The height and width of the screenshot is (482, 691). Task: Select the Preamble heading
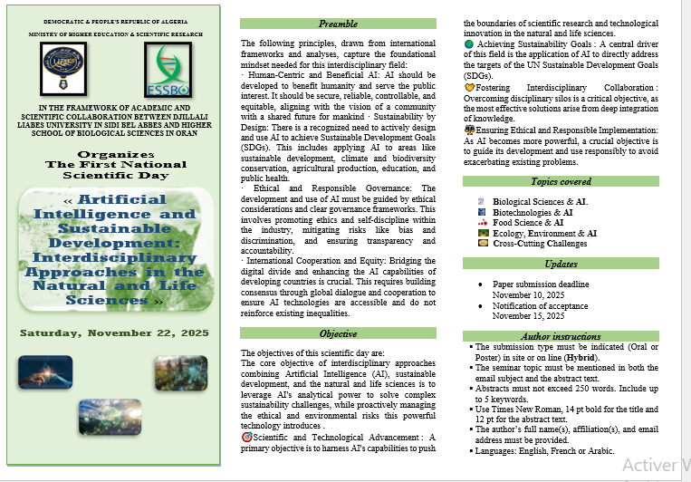pos(338,24)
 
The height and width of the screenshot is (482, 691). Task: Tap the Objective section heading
pos(338,334)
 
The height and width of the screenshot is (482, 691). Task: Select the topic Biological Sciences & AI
pos(540,201)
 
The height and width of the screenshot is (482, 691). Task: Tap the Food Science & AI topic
pos(528,222)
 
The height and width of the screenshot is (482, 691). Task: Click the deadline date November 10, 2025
pos(528,294)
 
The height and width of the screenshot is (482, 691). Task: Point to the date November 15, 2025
pos(528,316)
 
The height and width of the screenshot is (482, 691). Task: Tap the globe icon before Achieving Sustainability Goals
pos(468,43)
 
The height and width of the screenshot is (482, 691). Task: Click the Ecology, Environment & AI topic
pos(544,233)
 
